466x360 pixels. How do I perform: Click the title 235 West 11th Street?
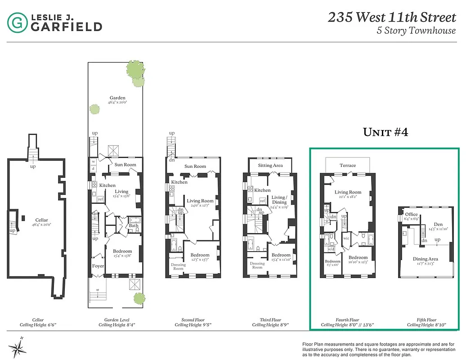click(391, 18)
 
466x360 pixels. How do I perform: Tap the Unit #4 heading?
click(385, 132)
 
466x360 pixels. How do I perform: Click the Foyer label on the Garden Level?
click(98, 266)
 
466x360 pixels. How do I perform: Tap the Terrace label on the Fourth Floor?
click(348, 166)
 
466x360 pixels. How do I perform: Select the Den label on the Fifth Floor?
click(438, 224)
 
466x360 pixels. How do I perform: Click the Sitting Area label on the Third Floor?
click(270, 166)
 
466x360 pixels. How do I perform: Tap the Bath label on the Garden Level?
click(133, 225)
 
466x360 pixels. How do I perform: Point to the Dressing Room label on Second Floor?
click(178, 266)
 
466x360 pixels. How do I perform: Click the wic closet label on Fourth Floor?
click(346, 238)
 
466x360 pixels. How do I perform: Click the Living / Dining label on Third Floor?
click(279, 200)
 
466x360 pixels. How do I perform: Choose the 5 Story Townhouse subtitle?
click(416, 31)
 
